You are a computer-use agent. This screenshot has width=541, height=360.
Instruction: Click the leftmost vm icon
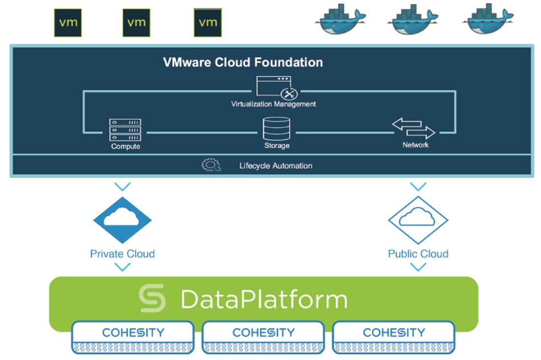pos(68,23)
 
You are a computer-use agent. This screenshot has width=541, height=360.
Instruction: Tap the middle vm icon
pos(136,23)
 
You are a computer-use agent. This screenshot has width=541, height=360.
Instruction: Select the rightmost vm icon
pos(208,23)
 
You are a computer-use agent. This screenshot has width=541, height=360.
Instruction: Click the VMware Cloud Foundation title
pos(243,62)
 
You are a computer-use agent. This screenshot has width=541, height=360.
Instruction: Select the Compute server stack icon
pos(125,130)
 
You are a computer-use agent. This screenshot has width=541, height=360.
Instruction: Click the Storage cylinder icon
pos(276,128)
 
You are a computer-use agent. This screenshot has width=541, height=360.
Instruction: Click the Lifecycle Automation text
pos(275,166)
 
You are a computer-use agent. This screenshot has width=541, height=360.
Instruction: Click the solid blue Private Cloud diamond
pos(122,220)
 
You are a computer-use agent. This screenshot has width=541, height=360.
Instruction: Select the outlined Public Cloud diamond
pos(418,220)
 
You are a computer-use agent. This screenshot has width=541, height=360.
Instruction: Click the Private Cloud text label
pos(122,254)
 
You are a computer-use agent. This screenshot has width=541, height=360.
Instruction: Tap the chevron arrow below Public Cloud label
pos(418,267)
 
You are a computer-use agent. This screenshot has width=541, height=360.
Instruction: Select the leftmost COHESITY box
pos(133,337)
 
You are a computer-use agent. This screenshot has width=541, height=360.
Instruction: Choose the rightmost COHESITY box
pos(393,337)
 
